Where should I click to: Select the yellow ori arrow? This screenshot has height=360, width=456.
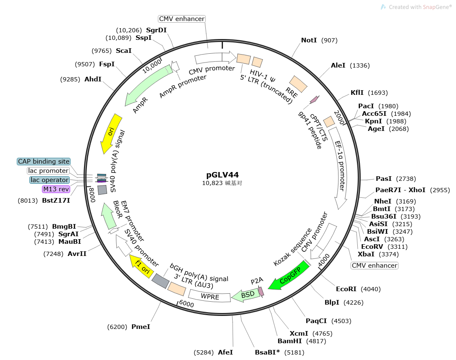pos(110,133)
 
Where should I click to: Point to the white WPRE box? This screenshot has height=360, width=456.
pos(210,296)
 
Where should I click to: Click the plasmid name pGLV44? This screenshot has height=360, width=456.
pos(223,175)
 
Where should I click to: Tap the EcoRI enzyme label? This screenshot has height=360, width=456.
pos(346,289)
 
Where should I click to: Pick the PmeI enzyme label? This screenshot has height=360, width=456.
pos(141,326)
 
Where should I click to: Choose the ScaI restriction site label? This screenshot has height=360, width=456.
pos(123,51)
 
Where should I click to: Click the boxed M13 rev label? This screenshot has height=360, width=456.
pos(56,189)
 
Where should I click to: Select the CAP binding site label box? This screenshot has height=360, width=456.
pos(44,162)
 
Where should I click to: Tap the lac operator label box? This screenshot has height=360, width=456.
pos(50,180)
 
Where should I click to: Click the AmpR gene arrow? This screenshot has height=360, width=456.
pos(147,86)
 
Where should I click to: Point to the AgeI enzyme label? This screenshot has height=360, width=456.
pos(376,129)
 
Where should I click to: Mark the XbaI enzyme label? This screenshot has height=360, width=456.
pos(366,254)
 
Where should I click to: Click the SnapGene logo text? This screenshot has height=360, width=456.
pos(420,7)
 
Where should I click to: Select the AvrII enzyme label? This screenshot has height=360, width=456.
pos(77,253)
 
